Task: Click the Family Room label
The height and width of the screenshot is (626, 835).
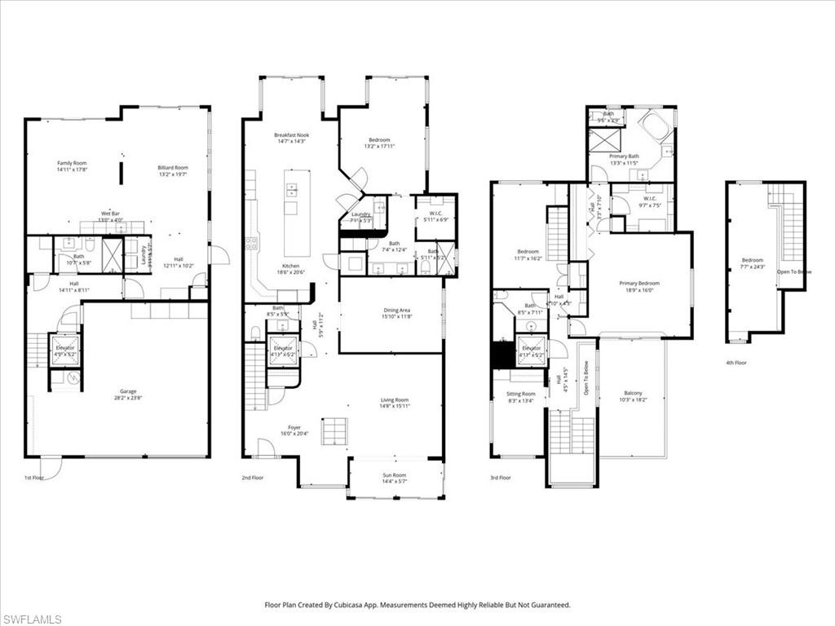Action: (x=72, y=164)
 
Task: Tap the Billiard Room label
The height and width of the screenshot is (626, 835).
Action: (x=173, y=168)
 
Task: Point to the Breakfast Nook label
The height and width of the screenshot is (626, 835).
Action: (x=291, y=134)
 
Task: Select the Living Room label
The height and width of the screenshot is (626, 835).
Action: (x=394, y=400)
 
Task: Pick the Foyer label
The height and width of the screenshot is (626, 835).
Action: (x=294, y=428)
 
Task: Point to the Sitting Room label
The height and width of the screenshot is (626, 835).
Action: (x=521, y=394)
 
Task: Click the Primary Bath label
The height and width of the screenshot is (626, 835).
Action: (x=624, y=156)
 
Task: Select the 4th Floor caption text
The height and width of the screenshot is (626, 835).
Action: (x=736, y=363)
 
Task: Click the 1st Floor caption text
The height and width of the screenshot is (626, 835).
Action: (x=34, y=478)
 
